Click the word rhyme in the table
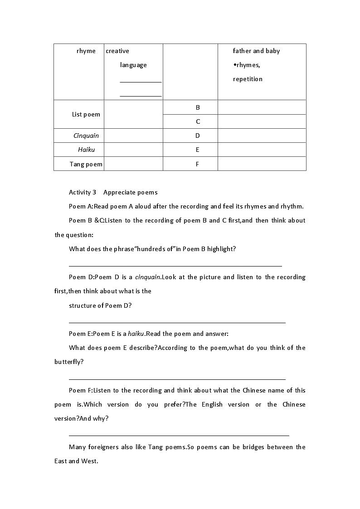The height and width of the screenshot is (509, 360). pos(86,51)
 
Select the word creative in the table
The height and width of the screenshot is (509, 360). pos(117,51)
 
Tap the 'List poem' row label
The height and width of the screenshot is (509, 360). pos(86,114)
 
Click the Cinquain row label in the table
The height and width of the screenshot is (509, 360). pos(86,136)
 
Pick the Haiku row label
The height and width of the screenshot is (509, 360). pos(86,150)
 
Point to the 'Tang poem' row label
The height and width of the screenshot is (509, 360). pos(86,164)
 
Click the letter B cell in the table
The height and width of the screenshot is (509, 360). pos(198,107)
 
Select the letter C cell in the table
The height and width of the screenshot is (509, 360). pos(198,121)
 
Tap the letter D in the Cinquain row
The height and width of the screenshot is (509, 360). pos(198,136)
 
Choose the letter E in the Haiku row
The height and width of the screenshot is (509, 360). pos(198,150)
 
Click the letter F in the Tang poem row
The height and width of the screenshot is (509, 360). pos(198,164)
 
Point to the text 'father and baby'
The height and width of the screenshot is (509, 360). pos(256,51)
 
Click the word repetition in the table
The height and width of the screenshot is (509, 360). pos(248,79)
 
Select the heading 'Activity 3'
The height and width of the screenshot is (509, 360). pos(82,192)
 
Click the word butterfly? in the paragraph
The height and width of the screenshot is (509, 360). pos(69,362)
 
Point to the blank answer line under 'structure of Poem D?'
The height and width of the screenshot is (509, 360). pos(177,322)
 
